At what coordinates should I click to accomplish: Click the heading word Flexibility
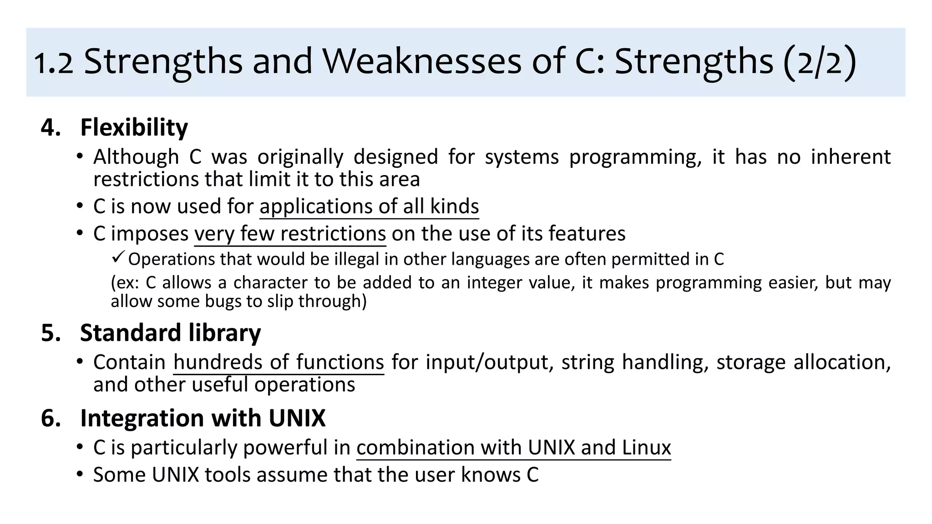[134, 128]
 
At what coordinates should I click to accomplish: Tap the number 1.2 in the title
[54, 63]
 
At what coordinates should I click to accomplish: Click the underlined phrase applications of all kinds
[369, 207]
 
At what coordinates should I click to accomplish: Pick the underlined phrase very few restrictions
[290, 234]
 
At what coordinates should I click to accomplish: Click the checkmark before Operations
[117, 258]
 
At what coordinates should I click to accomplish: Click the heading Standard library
[170, 333]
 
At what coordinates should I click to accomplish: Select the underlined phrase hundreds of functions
[279, 363]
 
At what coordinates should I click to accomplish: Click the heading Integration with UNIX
[203, 418]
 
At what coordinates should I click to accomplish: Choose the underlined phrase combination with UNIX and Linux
[513, 448]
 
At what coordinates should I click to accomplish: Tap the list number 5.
[50, 333]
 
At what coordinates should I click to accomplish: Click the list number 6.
[50, 418]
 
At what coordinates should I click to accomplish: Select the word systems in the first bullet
[521, 157]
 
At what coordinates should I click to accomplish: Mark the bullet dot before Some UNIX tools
[80, 474]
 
